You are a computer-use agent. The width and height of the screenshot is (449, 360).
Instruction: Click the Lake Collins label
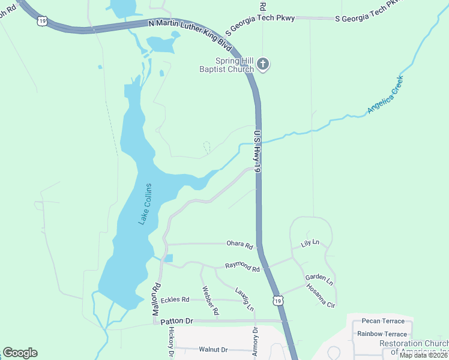(145, 204)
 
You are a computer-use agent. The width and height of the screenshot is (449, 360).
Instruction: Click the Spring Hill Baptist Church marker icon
(263, 64)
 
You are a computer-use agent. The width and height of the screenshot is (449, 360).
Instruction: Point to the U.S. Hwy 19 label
(258, 152)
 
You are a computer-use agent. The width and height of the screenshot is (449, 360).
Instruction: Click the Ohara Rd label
(240, 244)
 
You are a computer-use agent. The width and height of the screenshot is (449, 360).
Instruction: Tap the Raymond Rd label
(242, 267)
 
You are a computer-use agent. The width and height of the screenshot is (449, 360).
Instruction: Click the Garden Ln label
(319, 278)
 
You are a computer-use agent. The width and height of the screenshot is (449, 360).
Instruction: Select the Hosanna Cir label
(321, 296)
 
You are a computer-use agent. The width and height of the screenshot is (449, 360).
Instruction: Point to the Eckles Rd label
(175, 299)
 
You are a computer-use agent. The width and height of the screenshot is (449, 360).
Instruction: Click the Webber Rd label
(211, 300)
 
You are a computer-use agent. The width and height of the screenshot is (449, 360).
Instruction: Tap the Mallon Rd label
(155, 300)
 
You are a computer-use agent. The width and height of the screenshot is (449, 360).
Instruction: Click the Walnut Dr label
(214, 349)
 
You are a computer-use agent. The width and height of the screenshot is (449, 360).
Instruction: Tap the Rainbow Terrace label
(381, 334)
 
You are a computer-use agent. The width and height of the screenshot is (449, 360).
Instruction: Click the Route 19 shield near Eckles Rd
(276, 300)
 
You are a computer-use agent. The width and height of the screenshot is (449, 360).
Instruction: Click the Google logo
(20, 352)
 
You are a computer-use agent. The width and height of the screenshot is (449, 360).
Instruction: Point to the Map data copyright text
(423, 355)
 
